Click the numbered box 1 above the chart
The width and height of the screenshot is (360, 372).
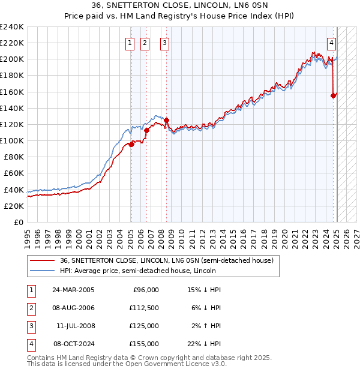[x=130, y=43]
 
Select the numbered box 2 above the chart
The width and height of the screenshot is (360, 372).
[x=145, y=43]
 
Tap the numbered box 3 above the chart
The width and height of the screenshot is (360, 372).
[x=164, y=43]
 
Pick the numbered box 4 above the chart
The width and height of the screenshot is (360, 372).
[x=331, y=43]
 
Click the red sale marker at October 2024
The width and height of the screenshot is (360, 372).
[x=333, y=95]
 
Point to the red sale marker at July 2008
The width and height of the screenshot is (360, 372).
[x=166, y=120]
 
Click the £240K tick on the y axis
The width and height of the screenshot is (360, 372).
[x=12, y=27]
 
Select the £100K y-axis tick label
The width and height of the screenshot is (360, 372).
[x=12, y=140]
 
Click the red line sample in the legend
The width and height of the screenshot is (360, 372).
[x=42, y=260]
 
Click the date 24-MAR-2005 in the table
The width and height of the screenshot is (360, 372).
[x=74, y=290]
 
